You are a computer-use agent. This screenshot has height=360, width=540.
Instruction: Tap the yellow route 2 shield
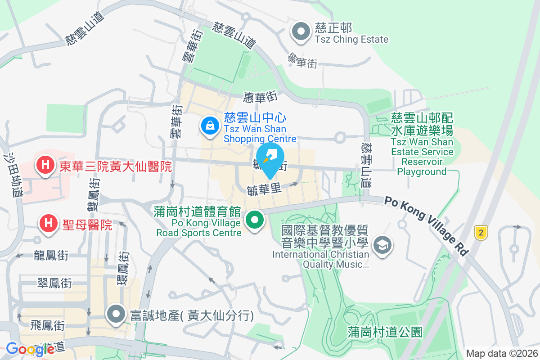tap(481, 233)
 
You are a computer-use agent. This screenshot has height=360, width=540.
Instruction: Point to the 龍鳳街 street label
tap(51, 256)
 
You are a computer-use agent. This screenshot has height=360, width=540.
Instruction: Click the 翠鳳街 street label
tap(54, 283)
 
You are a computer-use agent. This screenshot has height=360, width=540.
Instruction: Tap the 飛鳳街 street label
tap(48, 324)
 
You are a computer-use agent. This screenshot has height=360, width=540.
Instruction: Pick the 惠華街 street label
tap(260, 96)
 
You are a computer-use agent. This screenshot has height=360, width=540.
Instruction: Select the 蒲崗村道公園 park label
tap(385, 333)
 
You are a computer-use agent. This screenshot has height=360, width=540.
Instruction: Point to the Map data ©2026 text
tap(501, 353)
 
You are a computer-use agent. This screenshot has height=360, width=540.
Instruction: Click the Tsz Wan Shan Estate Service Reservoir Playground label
tap(422, 144)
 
